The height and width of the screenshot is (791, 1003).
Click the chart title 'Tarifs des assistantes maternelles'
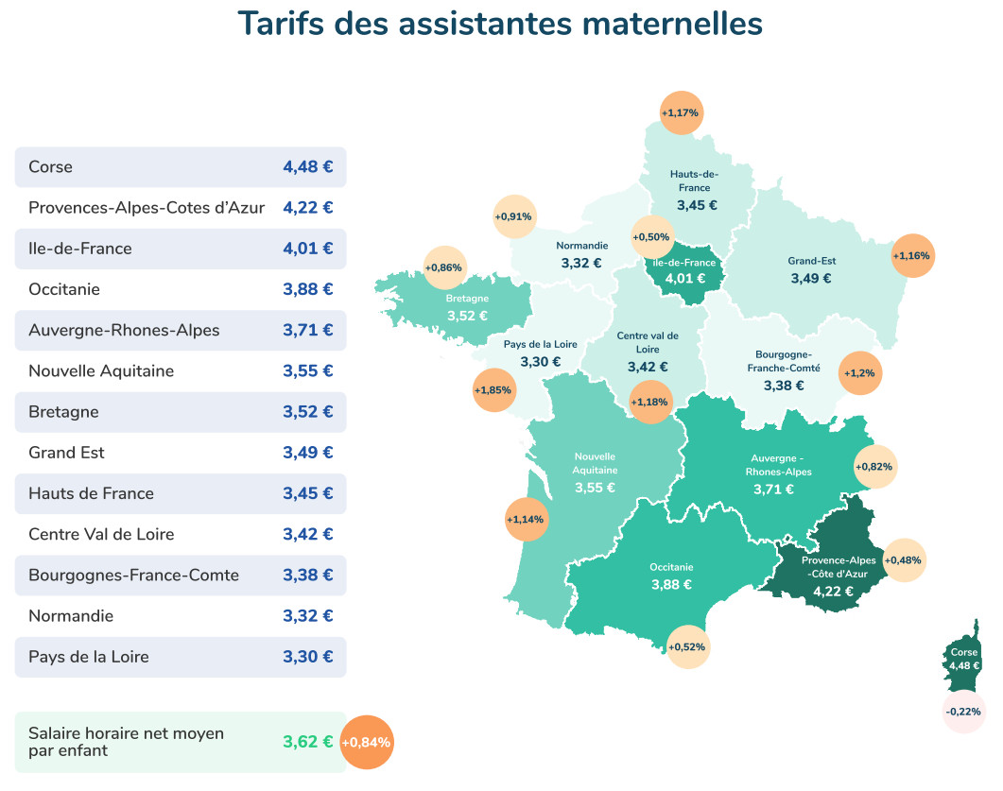pos(500,24)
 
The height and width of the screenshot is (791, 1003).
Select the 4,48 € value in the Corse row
pos(307,167)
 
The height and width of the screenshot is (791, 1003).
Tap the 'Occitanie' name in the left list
pos(64,289)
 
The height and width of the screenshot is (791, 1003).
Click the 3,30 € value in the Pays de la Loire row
pos(307,657)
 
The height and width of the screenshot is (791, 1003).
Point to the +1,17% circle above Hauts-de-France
pos(680,112)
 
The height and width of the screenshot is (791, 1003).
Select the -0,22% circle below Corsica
pos(964,711)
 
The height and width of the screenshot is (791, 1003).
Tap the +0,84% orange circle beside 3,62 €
pos(365,742)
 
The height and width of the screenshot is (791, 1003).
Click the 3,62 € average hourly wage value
pos(307,742)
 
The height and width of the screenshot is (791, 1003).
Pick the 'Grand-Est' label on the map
pos(811,261)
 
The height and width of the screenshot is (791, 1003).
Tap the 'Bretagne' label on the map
pos(467,299)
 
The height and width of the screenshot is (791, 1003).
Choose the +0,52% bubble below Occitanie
pos(687,647)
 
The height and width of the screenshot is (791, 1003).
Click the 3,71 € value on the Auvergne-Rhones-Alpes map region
pos(773,489)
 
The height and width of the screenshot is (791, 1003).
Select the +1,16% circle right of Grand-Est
pos(912,255)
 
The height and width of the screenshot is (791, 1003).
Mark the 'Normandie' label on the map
pos(581,246)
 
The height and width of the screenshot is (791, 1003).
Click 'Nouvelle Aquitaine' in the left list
pos(101,371)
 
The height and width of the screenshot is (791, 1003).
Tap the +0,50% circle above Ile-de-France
pos(651,236)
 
